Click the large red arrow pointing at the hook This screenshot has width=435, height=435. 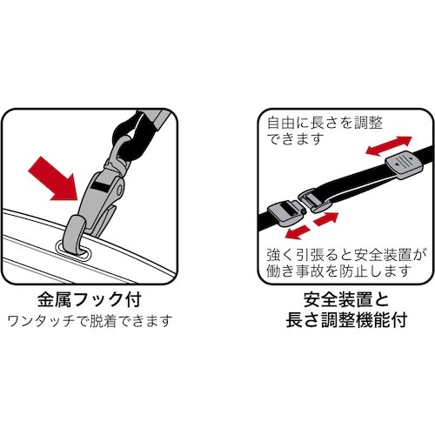click(x=53, y=173)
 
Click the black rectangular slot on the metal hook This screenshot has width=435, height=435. click(x=103, y=186)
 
